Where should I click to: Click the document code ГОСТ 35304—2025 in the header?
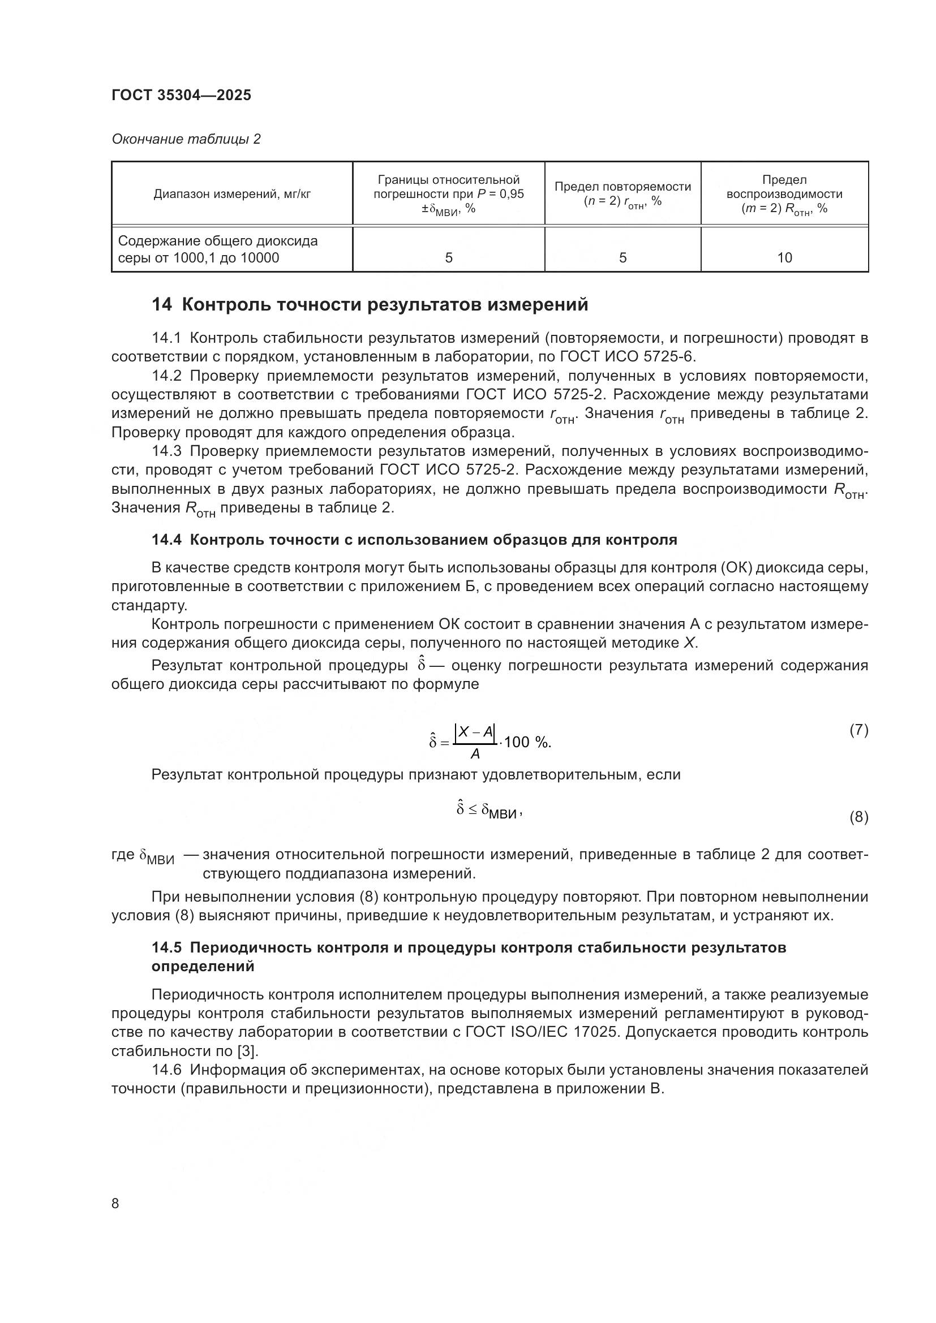tap(182, 95)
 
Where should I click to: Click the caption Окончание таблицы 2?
tap(186, 139)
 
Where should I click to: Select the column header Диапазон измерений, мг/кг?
tap(231, 194)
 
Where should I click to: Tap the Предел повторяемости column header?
tap(622, 193)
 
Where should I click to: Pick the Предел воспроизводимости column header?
tap(784, 194)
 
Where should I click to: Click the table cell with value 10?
tap(784, 257)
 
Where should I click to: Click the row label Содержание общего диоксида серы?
tap(218, 249)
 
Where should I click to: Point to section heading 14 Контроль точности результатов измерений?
tap(370, 304)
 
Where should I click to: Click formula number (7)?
tap(858, 730)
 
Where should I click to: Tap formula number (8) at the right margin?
tap(858, 817)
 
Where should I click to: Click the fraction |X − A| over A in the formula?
tap(475, 742)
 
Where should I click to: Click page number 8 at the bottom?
tap(115, 1203)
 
